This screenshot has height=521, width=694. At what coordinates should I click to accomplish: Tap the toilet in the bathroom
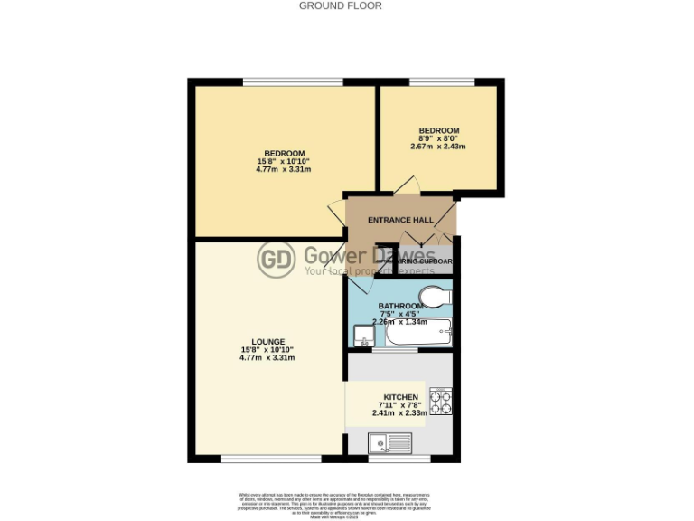[x=434, y=298]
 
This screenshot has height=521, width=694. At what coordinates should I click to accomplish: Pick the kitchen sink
[x=389, y=443]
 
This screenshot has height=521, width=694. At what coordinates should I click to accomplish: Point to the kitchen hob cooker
[x=440, y=401]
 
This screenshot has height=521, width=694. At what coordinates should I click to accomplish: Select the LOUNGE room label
[x=267, y=341]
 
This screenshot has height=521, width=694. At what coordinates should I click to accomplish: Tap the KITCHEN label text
[x=400, y=397]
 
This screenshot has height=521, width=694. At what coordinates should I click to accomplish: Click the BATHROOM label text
[x=400, y=307]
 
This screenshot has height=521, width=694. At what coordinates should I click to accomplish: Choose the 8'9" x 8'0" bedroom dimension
[x=438, y=138]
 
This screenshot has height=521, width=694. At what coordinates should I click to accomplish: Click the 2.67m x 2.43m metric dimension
[x=438, y=147]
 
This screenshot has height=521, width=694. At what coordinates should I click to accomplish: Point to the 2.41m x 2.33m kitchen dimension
[x=400, y=413]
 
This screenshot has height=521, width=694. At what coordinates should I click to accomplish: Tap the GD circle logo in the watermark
[x=276, y=260]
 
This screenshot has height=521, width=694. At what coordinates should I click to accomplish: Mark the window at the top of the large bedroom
[x=293, y=82]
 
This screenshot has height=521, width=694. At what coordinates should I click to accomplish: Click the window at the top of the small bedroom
[x=442, y=82]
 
